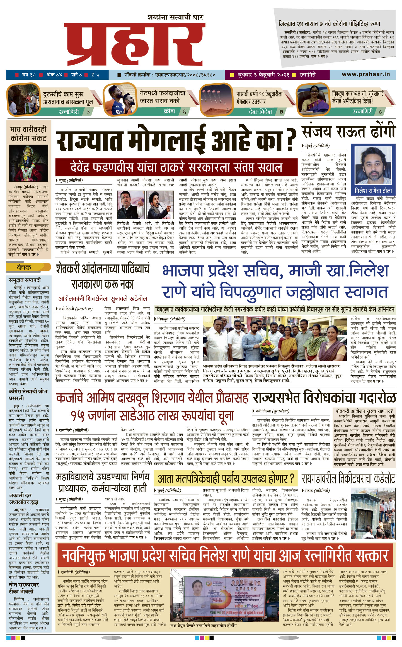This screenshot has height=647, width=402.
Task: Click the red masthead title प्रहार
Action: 135,45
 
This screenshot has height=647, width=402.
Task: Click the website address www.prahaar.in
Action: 365,74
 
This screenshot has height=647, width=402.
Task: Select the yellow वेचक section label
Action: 24,267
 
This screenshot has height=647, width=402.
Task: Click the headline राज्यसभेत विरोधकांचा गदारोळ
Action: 324,398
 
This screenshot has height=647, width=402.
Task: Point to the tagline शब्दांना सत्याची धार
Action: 176,18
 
